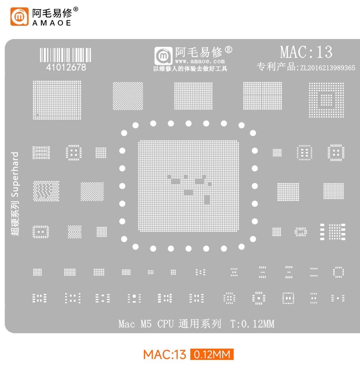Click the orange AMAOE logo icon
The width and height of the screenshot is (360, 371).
pyautogui.click(x=20, y=17)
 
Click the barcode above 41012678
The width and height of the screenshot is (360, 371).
pyautogui.click(x=66, y=55)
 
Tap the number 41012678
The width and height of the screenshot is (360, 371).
pyautogui.click(x=66, y=68)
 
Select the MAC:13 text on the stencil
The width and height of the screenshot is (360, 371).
pyautogui.click(x=306, y=52)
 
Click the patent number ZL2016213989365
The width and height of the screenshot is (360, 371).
pyautogui.click(x=328, y=68)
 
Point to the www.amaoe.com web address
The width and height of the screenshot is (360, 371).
pyautogui.click(x=200, y=61)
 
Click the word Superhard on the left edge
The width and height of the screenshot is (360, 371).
pyautogui.click(x=15, y=174)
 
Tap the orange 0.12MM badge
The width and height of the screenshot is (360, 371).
pyautogui.click(x=212, y=354)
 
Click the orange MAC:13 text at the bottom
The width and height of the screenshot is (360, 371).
pyautogui.click(x=164, y=355)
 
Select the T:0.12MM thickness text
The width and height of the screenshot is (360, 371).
pyautogui.click(x=252, y=324)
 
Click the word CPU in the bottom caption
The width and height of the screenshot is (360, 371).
pyautogui.click(x=165, y=324)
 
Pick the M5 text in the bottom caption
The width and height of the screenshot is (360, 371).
pyautogui.click(x=146, y=324)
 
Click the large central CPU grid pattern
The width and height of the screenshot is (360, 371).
pyautogui.click(x=188, y=186)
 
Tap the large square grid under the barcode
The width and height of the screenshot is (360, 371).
pyautogui.click(x=57, y=100)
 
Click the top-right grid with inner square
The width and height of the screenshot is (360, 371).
pyautogui.click(x=326, y=100)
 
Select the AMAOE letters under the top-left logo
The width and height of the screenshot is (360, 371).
pyautogui.click(x=52, y=23)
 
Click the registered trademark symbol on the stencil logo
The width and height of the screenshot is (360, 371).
pyautogui.click(x=228, y=50)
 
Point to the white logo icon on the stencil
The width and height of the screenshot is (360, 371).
pyautogui.click(x=164, y=56)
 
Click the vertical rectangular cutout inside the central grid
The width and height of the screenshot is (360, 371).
pyautogui.click(x=207, y=200)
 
